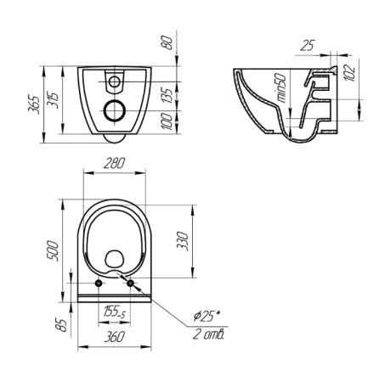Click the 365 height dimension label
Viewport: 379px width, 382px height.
tap(34, 104)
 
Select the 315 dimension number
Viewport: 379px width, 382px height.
tap(53, 101)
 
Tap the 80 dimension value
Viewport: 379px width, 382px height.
tap(168, 42)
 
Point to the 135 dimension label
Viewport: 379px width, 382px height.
tap(168, 96)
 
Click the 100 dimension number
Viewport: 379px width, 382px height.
tap(168, 121)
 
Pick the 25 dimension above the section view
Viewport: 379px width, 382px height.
tap(308, 45)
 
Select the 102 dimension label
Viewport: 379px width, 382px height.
tap(350, 73)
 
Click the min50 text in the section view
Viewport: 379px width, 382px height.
tap(282, 88)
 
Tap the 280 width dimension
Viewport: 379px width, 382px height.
tap(114, 164)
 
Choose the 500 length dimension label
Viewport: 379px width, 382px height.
tap(53, 250)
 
